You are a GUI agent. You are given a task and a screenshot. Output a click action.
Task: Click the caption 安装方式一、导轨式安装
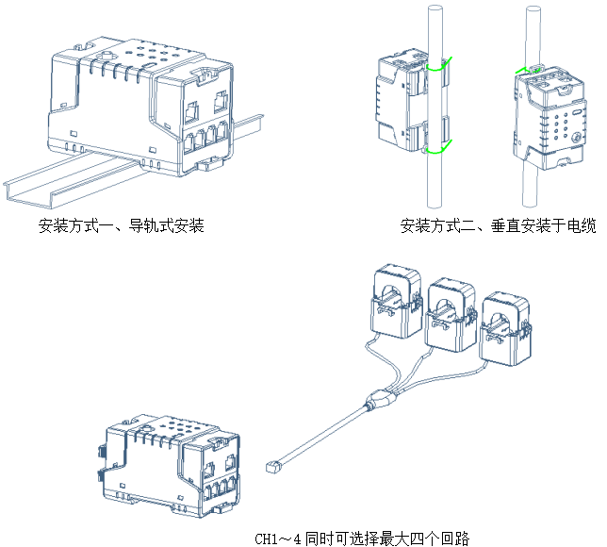tap(122, 226)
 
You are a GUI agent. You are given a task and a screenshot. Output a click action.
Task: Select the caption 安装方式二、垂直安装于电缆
tap(498, 226)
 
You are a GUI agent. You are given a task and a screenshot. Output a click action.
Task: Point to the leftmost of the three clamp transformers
tap(397, 300)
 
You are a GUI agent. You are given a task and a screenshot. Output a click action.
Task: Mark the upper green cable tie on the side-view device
tap(437, 68)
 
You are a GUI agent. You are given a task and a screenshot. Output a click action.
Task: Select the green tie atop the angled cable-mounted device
tap(533, 69)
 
